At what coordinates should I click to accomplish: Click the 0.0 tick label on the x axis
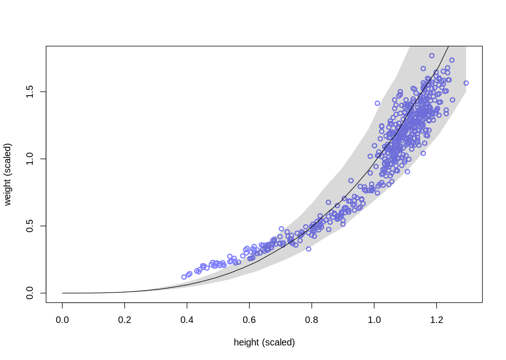click(62, 320)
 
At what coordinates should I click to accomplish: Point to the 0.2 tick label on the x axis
click(125, 320)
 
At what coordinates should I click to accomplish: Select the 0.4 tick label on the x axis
click(187, 320)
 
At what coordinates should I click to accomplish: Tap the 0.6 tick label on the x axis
click(249, 320)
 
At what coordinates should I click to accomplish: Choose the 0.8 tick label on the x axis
click(312, 320)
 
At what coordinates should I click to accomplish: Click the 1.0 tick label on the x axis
click(374, 320)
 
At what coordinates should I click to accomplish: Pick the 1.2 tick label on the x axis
click(436, 320)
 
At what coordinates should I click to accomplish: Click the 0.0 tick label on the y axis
click(30, 293)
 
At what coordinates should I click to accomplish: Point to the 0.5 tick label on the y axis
click(30, 226)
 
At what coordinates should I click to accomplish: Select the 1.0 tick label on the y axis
click(30, 159)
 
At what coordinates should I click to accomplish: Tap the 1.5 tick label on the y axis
click(30, 92)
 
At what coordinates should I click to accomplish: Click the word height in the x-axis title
click(246, 343)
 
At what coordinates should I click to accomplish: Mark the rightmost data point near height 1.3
click(466, 83)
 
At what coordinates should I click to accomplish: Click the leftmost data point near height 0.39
click(184, 277)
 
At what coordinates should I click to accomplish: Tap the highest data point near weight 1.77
click(432, 55)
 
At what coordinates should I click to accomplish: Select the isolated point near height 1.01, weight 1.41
click(377, 103)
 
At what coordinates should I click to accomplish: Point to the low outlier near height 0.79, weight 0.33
click(309, 249)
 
